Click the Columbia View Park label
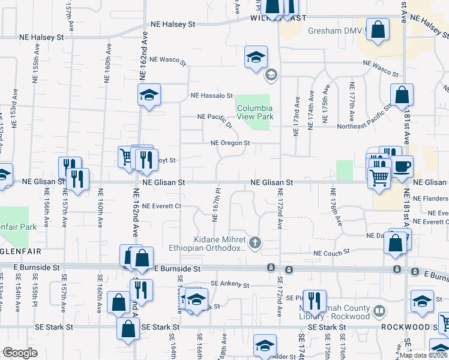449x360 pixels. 254,112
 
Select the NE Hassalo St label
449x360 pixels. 211,95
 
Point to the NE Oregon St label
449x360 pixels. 229,143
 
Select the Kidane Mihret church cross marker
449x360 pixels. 255,242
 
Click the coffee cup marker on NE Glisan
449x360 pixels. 403,165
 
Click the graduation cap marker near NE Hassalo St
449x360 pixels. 148,94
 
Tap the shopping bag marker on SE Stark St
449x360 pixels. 128,328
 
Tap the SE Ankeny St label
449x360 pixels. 229,284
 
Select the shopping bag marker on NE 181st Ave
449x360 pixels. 402,94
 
